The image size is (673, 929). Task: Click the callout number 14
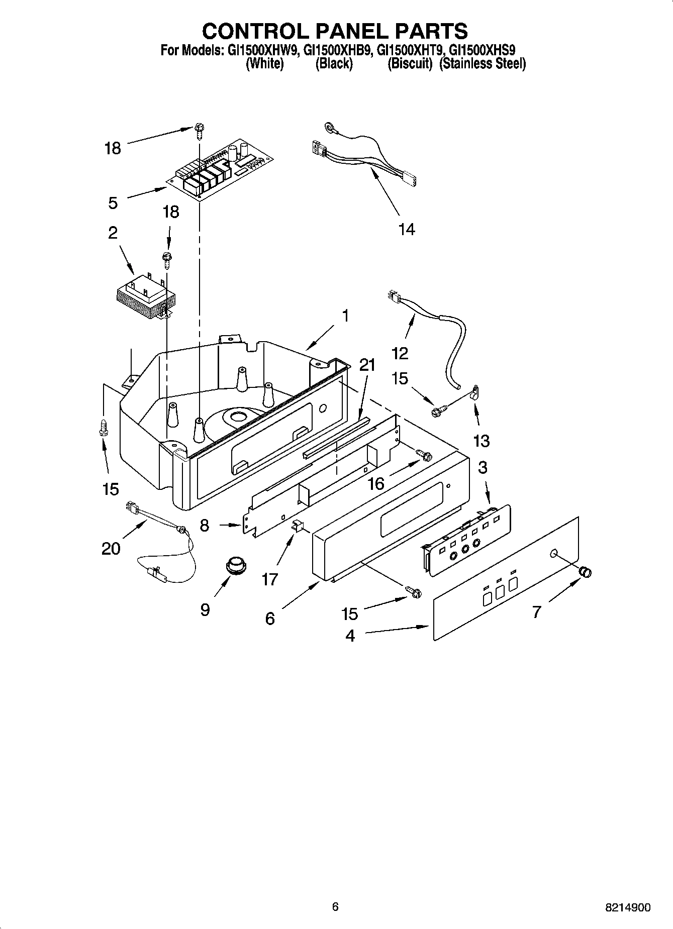pyautogui.click(x=407, y=229)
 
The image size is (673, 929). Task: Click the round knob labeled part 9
pyautogui.click(x=235, y=564)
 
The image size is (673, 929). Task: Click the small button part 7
pyautogui.click(x=585, y=571)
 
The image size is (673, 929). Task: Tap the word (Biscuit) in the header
pyautogui.click(x=410, y=64)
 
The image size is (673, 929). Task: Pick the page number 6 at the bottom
pyautogui.click(x=335, y=906)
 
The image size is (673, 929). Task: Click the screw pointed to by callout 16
pyautogui.click(x=425, y=455)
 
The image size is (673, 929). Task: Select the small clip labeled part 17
pyautogui.click(x=297, y=526)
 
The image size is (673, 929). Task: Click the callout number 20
pyautogui.click(x=111, y=548)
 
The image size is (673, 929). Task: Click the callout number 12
pyautogui.click(x=400, y=353)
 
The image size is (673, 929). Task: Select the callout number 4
pyautogui.click(x=350, y=636)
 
